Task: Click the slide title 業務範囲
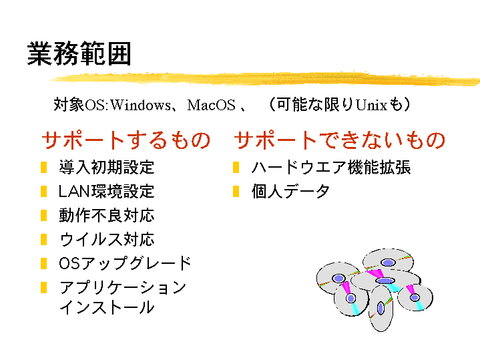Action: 79,54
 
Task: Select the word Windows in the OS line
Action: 140,105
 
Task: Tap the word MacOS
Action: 211,105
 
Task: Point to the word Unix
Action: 372,105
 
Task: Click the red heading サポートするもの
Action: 126,140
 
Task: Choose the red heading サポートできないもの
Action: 340,140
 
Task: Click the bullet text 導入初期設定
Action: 107,167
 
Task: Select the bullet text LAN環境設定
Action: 107,191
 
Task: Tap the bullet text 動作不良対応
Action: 107,215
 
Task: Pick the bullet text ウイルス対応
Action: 107,239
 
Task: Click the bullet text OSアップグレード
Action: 126,263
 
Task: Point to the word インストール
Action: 107,307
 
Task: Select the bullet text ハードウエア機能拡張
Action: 331,167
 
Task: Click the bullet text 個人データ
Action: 290,191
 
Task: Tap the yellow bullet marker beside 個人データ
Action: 236,192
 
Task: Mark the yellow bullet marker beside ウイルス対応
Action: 43,240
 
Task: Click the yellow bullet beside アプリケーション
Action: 43,288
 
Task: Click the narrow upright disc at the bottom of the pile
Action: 381,309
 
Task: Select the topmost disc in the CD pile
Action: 388,260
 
